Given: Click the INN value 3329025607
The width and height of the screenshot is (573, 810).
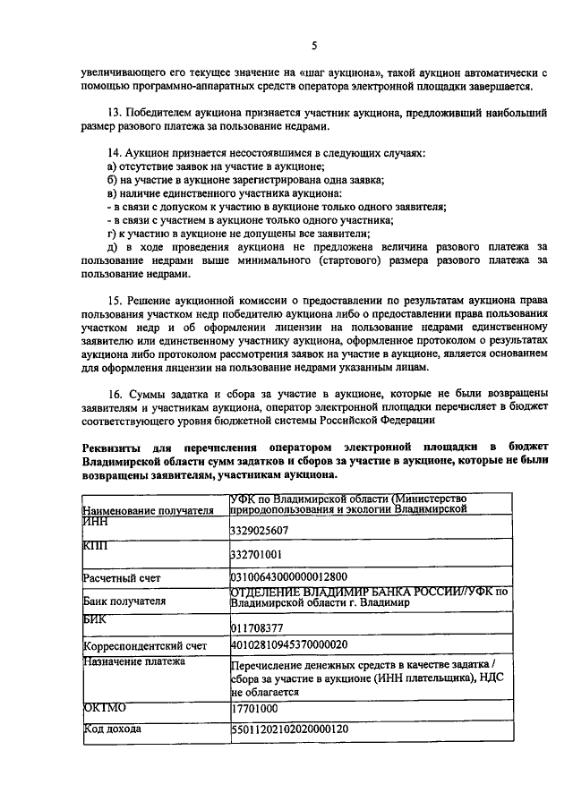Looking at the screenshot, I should click(x=261, y=531).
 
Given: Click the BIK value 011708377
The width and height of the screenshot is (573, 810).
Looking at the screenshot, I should click(x=257, y=627).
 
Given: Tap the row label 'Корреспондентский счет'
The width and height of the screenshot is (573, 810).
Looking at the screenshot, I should click(x=145, y=645).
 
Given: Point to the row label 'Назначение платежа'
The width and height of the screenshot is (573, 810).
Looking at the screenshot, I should click(x=133, y=661).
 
